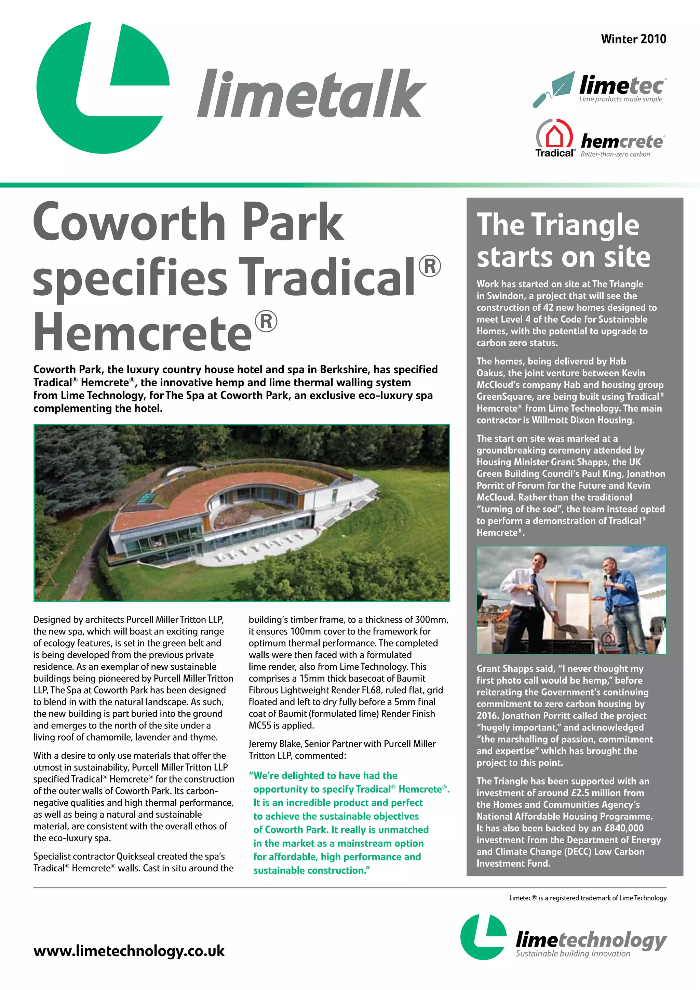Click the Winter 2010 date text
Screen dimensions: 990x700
coord(633,39)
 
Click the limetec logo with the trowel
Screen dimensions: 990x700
coord(599,89)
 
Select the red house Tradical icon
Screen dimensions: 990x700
coord(554,135)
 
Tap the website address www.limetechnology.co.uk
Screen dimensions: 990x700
coord(129,950)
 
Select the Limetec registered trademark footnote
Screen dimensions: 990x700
coord(588,898)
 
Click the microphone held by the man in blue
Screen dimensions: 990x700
coord(605,577)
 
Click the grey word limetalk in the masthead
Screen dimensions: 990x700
coord(311,94)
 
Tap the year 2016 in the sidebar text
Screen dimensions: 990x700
coord(487,715)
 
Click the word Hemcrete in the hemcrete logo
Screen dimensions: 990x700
coord(622,142)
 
